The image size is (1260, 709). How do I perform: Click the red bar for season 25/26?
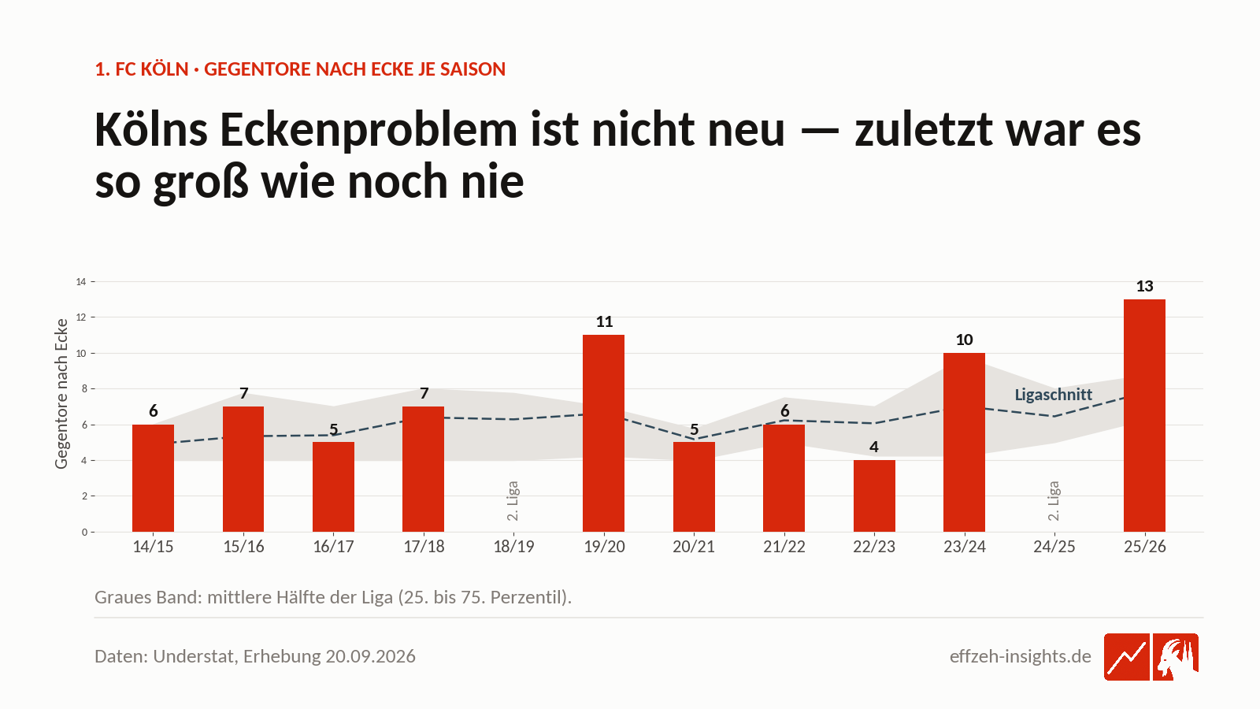(x=1144, y=415)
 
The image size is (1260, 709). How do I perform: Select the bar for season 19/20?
(x=603, y=433)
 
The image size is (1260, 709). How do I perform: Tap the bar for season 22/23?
(x=874, y=496)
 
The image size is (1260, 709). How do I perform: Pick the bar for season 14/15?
(x=153, y=478)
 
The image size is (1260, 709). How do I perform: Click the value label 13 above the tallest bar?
(x=1145, y=287)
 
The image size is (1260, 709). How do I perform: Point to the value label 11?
(x=604, y=322)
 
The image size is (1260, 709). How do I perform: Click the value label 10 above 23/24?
(x=964, y=340)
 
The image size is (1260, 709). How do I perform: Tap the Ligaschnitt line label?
(x=1053, y=395)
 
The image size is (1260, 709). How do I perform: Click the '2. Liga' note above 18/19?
(x=513, y=501)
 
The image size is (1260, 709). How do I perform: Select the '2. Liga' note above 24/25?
(x=1054, y=501)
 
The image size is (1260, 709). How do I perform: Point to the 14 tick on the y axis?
(x=81, y=282)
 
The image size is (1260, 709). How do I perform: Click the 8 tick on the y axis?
(x=84, y=389)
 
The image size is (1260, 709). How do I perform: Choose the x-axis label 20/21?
(x=694, y=547)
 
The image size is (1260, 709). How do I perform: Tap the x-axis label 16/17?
(x=333, y=547)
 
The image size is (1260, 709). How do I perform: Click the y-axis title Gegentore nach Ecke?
(x=61, y=393)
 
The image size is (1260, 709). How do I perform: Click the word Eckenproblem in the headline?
(x=369, y=130)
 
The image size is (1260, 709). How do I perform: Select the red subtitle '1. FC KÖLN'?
(x=142, y=69)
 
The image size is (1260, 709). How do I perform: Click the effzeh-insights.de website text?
(x=1021, y=656)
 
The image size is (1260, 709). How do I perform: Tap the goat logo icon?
(x=1176, y=657)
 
